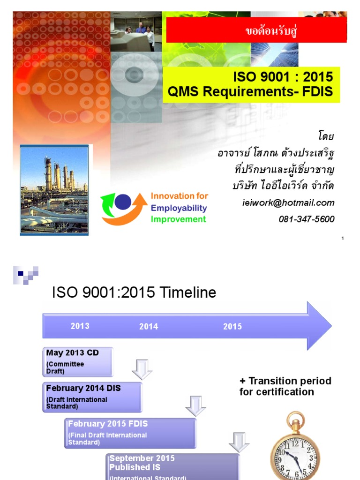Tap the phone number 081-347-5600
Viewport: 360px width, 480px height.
tap(306, 219)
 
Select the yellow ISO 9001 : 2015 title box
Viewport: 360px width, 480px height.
tap(251, 84)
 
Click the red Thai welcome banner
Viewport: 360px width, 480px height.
tap(256, 31)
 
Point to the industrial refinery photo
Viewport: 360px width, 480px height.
tap(54, 189)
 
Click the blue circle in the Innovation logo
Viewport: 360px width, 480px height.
tap(123, 202)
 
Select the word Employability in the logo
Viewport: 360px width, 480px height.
tap(179, 208)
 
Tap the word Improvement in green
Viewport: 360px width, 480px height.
tap(178, 219)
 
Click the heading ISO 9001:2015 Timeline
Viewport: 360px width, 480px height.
tap(134, 292)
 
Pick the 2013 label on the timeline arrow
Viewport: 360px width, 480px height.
tap(80, 326)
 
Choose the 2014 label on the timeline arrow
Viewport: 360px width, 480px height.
tap(149, 327)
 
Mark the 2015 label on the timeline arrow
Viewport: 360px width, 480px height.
tap(232, 327)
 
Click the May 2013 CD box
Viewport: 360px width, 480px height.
tap(79, 361)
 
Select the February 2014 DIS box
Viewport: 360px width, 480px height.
tap(94, 397)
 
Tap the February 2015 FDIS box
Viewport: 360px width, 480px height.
tap(130, 432)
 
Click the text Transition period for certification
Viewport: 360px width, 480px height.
tap(285, 386)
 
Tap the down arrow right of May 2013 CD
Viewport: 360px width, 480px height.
tap(142, 369)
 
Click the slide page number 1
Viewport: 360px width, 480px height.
tap(343, 239)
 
